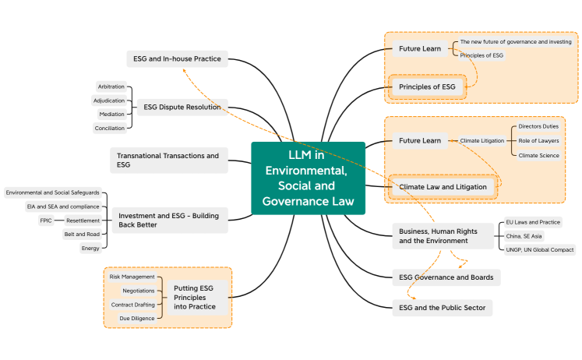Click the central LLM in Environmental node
308,178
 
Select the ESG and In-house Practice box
176,58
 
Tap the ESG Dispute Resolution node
182,107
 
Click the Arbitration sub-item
111,86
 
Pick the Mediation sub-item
111,114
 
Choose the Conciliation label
109,128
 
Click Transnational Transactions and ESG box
168,160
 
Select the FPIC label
46,221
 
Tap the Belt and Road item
83,234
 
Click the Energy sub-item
90,249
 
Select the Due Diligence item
136,318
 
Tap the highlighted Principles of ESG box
427,86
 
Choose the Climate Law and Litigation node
443,187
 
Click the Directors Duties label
538,126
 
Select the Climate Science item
538,155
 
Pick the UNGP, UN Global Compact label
540,249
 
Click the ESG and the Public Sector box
442,308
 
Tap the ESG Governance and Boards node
446,277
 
